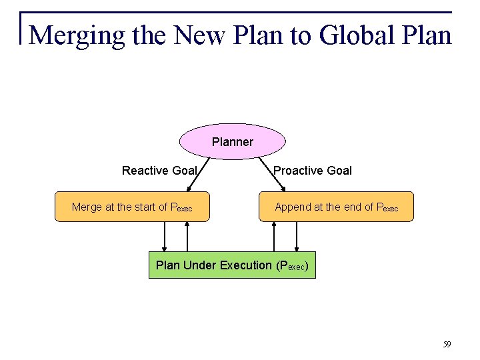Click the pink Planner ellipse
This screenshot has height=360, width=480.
233,141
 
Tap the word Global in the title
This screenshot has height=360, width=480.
352,35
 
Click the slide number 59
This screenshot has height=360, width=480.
447,345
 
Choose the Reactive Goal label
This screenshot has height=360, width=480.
159,171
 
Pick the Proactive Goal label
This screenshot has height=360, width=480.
313,171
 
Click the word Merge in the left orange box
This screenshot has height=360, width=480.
87,207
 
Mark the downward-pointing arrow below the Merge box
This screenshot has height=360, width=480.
165,237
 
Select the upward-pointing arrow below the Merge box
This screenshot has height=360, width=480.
187,237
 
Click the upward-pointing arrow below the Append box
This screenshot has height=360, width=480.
273,237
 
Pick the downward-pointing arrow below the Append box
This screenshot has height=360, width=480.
296,237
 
